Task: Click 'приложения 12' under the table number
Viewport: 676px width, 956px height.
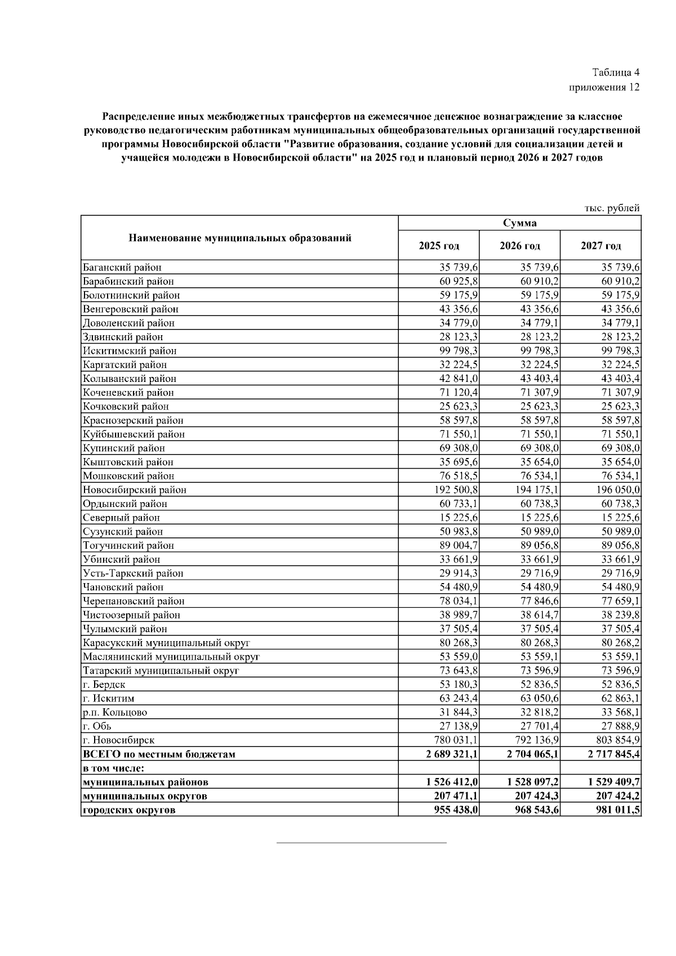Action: (604, 87)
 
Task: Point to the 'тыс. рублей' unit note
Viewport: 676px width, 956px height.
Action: (612, 208)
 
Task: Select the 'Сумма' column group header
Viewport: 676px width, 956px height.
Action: (519, 223)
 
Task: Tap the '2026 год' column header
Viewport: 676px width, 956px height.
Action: (519, 246)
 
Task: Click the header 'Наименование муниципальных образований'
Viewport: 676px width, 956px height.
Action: (240, 238)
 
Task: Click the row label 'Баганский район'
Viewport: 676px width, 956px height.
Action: (122, 268)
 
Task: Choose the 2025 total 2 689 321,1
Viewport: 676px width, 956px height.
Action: (452, 754)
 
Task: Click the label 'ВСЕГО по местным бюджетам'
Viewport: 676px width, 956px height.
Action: (159, 754)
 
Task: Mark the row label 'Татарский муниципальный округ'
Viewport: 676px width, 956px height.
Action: (161, 670)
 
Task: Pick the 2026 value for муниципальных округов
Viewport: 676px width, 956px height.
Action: (533, 796)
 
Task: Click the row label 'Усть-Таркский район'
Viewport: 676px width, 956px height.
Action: (133, 573)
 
